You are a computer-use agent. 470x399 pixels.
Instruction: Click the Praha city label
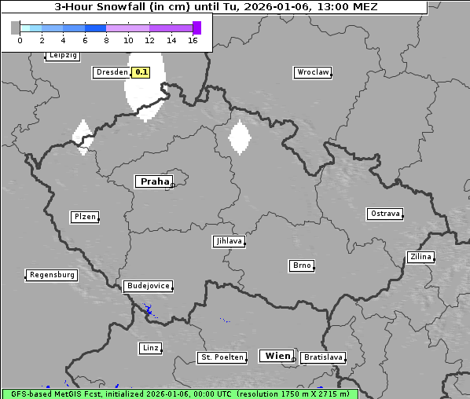[154, 181]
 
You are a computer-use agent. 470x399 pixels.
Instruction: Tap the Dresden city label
[111, 72]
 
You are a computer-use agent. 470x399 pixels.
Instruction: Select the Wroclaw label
[312, 72]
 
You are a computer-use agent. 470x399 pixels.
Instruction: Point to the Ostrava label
[385, 214]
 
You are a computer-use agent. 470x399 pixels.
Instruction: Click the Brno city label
[302, 265]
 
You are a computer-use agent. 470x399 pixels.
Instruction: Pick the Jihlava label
[228, 241]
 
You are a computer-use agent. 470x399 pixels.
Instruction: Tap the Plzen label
[84, 217]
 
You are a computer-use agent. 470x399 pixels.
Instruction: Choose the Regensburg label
[52, 275]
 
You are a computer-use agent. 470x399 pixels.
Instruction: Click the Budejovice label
[147, 286]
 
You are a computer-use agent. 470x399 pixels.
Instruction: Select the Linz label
[150, 347]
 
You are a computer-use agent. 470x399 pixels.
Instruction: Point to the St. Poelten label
[222, 357]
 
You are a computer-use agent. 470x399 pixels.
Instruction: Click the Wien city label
[277, 356]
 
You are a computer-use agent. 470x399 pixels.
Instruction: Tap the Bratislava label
[323, 357]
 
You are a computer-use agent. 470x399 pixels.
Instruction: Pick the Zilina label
[420, 257]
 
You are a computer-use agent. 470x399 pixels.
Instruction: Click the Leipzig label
[62, 55]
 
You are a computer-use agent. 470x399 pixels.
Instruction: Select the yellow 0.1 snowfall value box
[141, 72]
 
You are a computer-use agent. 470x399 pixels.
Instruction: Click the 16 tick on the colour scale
[193, 40]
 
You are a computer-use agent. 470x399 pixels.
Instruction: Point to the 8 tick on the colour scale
[105, 40]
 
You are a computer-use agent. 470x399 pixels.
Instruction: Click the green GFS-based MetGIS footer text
[179, 394]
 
